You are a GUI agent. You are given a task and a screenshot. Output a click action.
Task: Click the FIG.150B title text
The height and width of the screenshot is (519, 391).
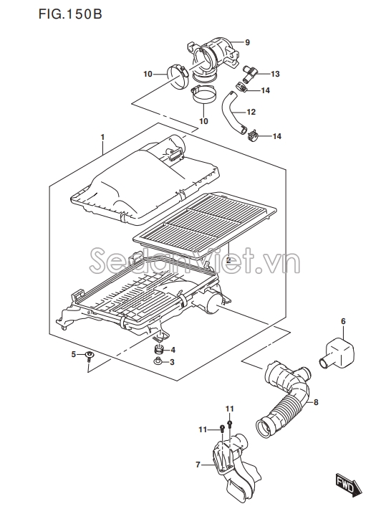pos(70,14)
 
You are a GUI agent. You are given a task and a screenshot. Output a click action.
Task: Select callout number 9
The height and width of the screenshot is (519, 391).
pos(248,42)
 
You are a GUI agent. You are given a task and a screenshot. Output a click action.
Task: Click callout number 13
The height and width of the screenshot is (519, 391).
pos(275,74)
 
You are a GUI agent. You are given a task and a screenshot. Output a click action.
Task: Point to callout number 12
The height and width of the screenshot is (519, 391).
pos(251,113)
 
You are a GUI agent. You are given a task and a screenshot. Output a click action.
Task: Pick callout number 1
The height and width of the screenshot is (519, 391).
pos(102,137)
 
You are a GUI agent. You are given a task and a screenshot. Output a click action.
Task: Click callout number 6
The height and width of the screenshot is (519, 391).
pos(343,321)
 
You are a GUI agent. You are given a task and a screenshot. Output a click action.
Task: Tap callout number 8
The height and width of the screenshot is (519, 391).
pos(316,402)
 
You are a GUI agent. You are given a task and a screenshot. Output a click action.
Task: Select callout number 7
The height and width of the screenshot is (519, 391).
pos(198,465)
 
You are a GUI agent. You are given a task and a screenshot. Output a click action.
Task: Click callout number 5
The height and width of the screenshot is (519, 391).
pos(74,355)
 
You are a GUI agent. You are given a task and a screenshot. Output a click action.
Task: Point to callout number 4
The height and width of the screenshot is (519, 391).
pos(173,351)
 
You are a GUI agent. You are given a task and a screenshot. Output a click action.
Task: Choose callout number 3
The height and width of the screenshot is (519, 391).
pos(172,363)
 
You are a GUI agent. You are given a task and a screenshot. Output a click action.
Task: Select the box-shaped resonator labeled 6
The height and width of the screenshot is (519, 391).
pos(337,353)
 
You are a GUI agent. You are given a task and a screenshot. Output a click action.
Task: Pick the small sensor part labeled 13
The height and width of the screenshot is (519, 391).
pos(248,74)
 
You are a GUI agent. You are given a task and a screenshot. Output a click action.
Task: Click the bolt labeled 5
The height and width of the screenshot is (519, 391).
pos(89,358)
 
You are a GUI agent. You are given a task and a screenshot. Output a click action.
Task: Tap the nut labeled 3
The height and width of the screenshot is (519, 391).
pos(158,361)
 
